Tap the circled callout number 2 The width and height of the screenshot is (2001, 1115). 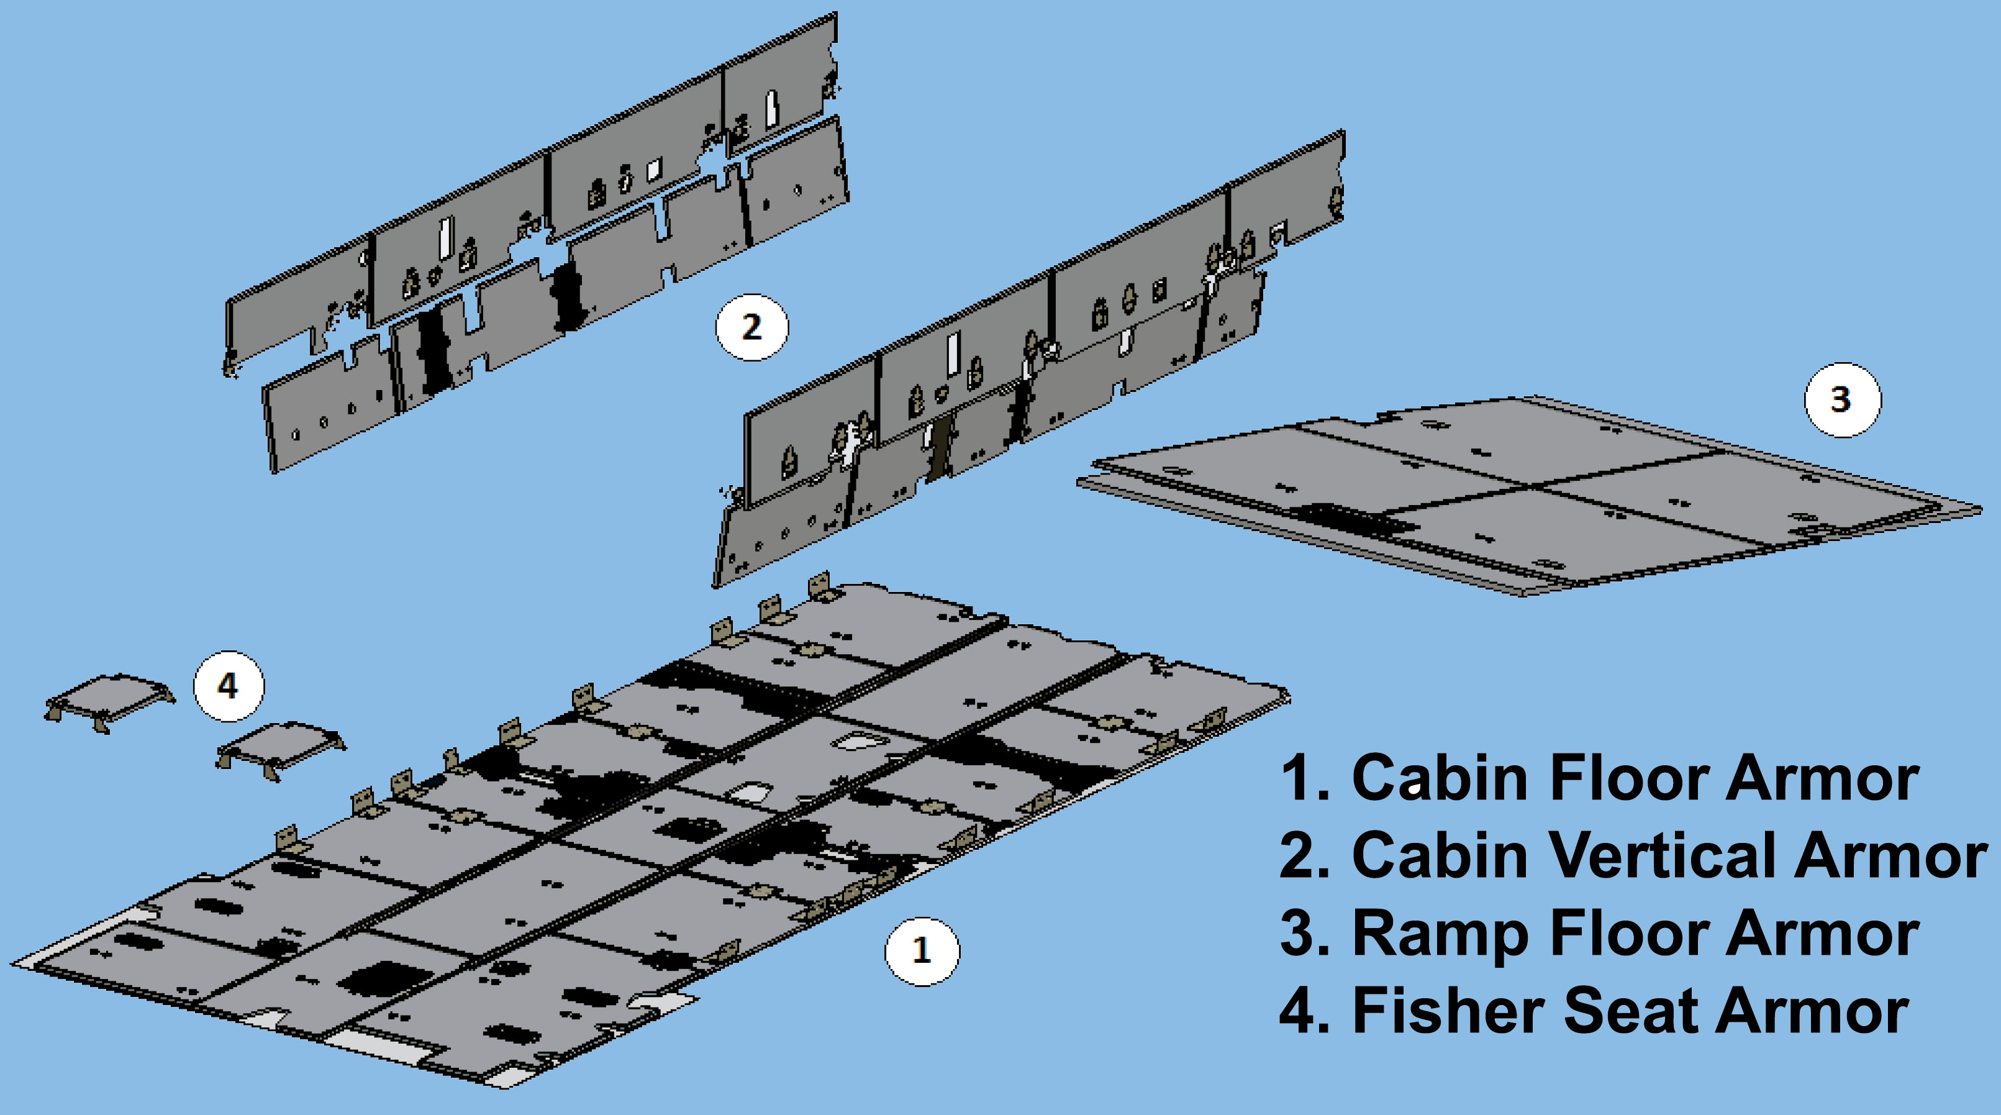pyautogui.click(x=751, y=327)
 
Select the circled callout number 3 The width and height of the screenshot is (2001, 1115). pyautogui.click(x=1842, y=399)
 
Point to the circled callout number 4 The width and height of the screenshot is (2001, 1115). pyautogui.click(x=229, y=686)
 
